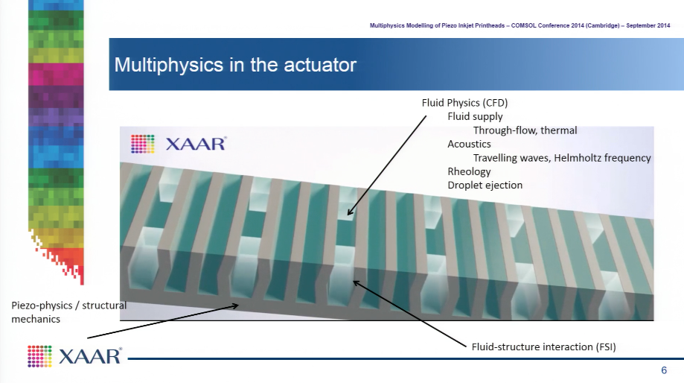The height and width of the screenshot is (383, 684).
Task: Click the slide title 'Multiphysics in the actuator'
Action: pos(235,65)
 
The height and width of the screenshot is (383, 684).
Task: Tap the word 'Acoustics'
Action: pos(469,144)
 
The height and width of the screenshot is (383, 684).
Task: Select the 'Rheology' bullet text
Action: pos(469,171)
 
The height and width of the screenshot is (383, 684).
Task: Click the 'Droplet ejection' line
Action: pos(485,186)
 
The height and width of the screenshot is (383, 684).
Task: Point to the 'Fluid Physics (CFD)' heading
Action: pos(464,103)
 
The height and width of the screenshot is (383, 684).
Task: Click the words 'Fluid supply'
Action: pos(475,116)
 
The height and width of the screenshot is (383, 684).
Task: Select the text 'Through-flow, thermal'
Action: pos(525,130)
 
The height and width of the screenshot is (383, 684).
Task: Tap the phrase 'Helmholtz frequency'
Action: pos(602,158)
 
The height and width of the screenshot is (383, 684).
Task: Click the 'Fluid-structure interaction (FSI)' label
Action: pos(543,346)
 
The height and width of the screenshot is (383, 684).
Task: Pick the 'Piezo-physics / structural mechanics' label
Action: pos(68,311)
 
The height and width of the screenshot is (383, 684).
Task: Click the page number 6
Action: pos(664,370)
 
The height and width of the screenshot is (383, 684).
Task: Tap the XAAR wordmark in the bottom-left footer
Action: pos(90,356)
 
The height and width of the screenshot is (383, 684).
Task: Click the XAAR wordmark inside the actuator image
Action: pos(196,144)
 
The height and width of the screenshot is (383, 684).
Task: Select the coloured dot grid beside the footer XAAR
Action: pos(39,356)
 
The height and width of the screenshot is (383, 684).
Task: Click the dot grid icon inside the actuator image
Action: pos(143,144)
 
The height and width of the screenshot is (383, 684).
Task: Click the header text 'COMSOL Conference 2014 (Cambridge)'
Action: pos(566,26)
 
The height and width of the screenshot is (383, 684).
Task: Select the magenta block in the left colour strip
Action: pos(56,75)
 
